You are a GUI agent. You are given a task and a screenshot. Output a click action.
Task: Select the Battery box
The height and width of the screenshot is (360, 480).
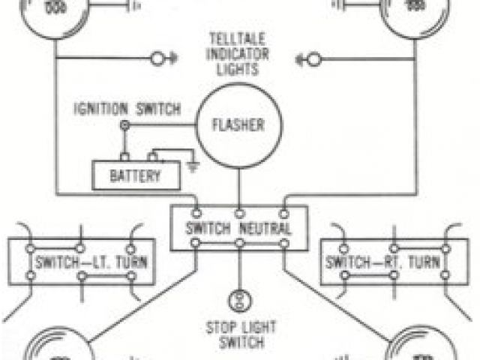pos(136,176)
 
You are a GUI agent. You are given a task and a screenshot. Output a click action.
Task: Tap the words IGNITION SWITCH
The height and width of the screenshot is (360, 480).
pos(127,109)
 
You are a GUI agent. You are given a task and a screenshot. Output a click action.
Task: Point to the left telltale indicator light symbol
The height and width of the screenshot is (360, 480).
pos(159,58)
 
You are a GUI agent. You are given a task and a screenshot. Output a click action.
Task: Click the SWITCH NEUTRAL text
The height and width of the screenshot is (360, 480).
pos(239,228)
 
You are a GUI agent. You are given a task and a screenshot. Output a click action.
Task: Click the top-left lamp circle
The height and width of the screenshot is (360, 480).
pos(53,15)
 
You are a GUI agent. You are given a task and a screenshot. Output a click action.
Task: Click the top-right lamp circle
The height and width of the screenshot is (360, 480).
pos(424,15)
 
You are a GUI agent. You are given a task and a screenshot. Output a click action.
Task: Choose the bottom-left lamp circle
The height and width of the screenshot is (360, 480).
pos(56,348)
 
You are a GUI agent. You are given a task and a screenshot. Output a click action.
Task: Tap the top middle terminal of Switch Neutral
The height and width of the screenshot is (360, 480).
pos(239,212)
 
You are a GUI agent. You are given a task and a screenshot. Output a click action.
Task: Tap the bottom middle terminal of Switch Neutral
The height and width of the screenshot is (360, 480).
pos(239,244)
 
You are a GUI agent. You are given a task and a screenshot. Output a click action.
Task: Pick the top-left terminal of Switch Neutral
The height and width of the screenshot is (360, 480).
pos(196,212)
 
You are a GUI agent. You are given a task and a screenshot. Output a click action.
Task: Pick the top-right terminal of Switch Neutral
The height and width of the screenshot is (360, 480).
pos(284,212)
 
